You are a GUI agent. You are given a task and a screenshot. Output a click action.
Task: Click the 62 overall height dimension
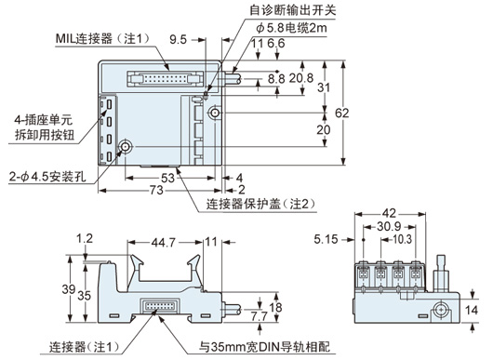[x=341, y=113]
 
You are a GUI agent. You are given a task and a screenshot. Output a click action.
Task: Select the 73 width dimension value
[x=156, y=190]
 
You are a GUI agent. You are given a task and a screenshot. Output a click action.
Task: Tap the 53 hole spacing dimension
[x=167, y=179]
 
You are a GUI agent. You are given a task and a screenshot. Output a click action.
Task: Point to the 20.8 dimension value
[x=301, y=77]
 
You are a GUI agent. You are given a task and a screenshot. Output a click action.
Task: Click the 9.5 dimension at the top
[x=178, y=40]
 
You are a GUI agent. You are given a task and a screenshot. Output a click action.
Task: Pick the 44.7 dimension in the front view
[x=164, y=243]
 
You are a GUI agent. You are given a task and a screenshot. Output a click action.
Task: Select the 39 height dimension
[x=68, y=289]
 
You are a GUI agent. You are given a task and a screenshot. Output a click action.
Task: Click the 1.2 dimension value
[x=85, y=238]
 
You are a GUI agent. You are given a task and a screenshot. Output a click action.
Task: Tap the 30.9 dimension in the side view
[x=389, y=227]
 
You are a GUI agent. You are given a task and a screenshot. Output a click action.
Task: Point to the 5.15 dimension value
[x=326, y=240]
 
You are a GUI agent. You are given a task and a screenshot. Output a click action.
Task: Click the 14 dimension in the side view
[x=472, y=311]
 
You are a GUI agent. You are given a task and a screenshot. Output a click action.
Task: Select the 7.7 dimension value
[x=260, y=316]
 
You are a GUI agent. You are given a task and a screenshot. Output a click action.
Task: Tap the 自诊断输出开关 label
[x=293, y=9]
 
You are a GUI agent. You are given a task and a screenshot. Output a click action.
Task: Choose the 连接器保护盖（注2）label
[x=261, y=205]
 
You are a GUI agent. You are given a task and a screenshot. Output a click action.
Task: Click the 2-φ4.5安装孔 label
[x=47, y=177]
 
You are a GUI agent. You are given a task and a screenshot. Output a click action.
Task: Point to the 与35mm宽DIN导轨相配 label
[x=264, y=347]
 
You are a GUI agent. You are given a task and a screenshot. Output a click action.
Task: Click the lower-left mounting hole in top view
[x=126, y=146]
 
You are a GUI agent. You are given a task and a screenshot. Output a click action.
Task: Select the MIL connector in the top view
[x=165, y=78]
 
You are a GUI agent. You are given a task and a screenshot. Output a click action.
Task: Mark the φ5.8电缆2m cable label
[x=291, y=28]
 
